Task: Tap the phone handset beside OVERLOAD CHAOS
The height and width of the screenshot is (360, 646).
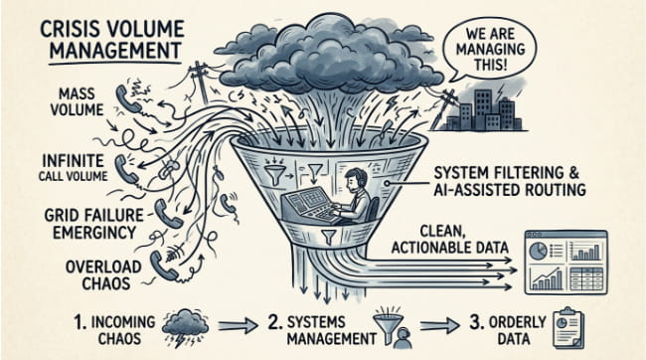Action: (160, 266)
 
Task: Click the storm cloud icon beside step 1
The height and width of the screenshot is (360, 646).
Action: (185, 327)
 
